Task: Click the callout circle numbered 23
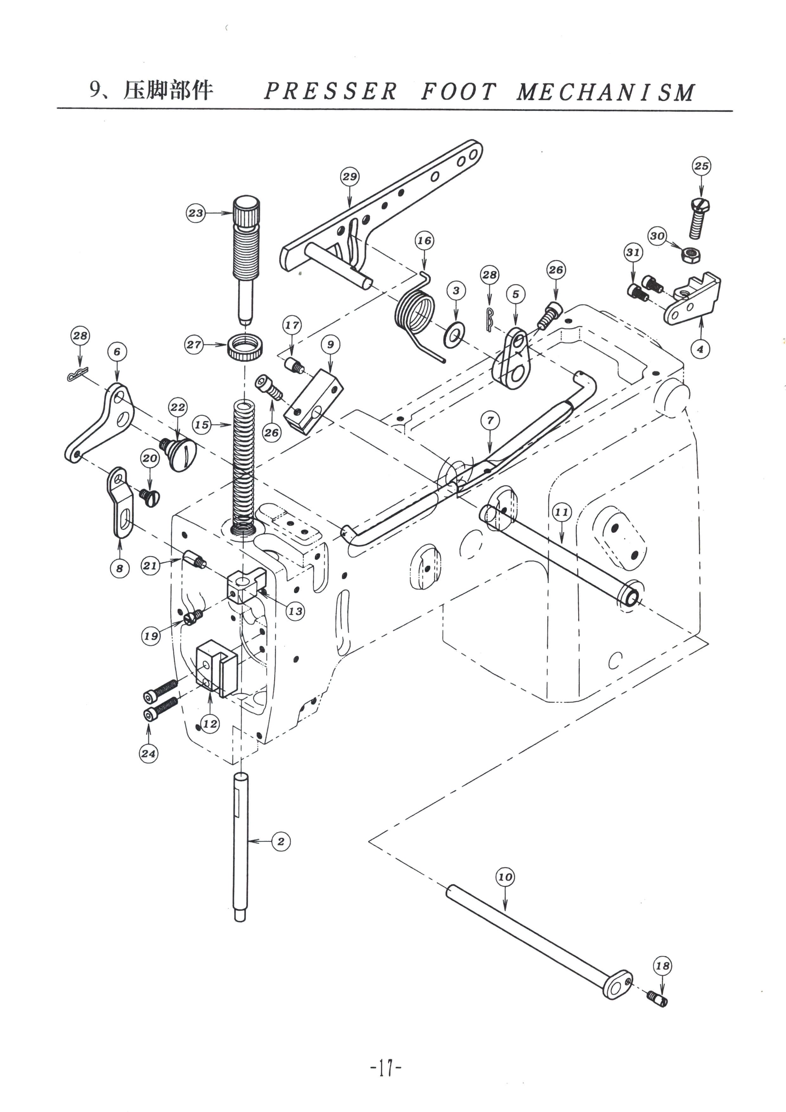tap(196, 213)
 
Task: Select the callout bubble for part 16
tap(424, 241)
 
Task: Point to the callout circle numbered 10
tap(505, 877)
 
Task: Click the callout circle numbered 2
tap(281, 841)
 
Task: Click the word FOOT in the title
tap(459, 92)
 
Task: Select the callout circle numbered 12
tap(210, 724)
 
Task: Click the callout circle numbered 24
tap(149, 753)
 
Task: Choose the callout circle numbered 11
tap(562, 512)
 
